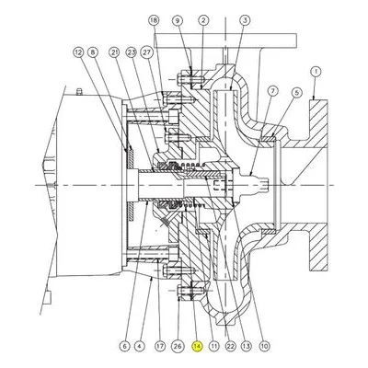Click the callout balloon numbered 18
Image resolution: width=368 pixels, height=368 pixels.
[155, 20]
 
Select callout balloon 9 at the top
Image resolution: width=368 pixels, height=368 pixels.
[178, 20]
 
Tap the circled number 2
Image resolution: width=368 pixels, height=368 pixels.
[203, 20]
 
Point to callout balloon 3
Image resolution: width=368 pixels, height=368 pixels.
[245, 20]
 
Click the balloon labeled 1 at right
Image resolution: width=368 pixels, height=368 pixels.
[316, 72]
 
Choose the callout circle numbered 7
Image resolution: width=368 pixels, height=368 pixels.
[272, 91]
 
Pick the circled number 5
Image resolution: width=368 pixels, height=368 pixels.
[296, 92]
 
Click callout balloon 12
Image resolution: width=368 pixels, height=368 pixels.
[78, 52]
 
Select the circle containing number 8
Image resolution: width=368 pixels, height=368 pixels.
[92, 52]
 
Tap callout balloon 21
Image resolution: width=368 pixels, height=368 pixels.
[114, 52]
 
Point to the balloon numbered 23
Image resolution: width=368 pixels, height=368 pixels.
[132, 52]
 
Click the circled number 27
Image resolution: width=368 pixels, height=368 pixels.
[146, 52]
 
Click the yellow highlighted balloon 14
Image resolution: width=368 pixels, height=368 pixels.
[197, 347]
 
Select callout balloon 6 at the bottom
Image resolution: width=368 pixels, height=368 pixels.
[124, 347]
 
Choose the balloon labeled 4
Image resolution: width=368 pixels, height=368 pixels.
[139, 347]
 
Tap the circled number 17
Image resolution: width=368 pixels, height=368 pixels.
[160, 347]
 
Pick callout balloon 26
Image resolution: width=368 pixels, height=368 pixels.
[178, 347]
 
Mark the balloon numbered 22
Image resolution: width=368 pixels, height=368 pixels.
[230, 347]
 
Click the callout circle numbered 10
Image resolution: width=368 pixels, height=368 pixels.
[264, 347]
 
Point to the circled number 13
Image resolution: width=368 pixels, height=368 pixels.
[247, 347]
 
